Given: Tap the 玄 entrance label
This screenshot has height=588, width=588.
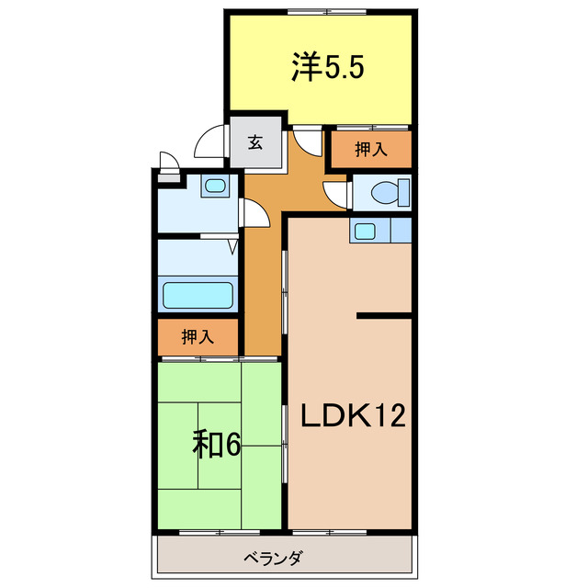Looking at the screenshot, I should pos(254,143).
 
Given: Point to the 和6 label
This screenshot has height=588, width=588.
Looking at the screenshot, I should pos(217,445).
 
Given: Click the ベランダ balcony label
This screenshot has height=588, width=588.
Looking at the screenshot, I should pos(274,558).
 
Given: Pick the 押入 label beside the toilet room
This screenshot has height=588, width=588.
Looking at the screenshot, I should pos(370,150).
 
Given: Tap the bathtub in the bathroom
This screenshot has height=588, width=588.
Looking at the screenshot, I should pos(198,296).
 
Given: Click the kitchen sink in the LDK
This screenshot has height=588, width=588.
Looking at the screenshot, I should pos(365,231).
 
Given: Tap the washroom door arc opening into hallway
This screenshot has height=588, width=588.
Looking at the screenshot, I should pos(254,213).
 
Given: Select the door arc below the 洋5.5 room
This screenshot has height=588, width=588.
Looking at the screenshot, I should pos(307,143).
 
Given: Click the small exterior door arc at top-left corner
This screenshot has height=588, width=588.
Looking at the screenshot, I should pos(167,160).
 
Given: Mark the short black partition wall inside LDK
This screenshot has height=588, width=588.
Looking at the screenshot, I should pos(384,316).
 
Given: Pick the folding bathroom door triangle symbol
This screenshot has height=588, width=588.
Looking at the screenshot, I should pos(232,245).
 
